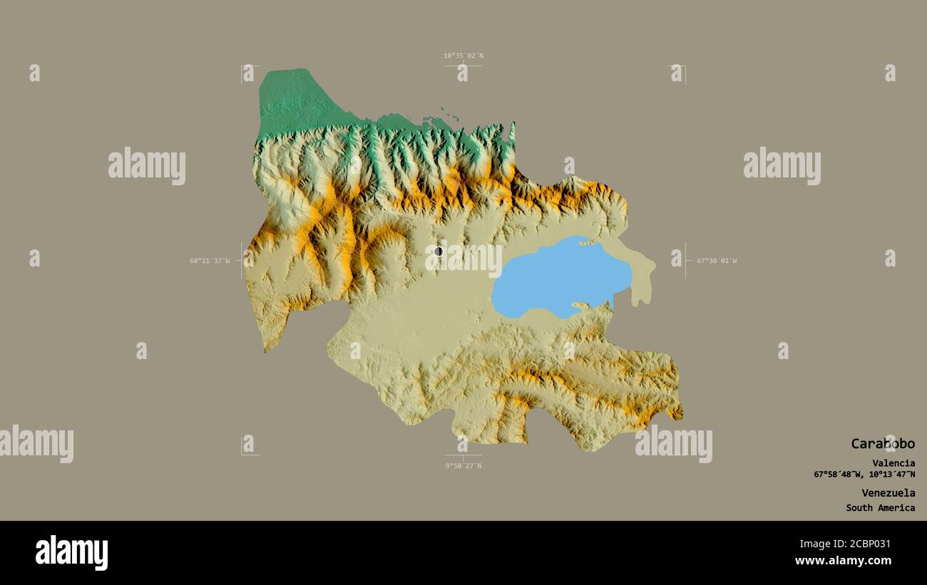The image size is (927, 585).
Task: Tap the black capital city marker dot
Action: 439,251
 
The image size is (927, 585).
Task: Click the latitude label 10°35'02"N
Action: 463,56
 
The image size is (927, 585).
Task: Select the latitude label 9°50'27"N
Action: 463,465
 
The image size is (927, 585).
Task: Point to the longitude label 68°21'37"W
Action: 210,261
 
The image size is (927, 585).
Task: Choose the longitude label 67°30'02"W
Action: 717,261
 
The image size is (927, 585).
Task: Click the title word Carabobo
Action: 882,443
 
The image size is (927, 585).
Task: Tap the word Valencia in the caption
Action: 893,463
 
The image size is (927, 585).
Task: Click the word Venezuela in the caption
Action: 888,492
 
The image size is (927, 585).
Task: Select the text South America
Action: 880,508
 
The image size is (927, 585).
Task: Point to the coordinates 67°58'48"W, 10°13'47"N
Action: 864,475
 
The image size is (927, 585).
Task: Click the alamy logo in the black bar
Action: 71,553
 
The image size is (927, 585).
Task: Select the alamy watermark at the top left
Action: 147,165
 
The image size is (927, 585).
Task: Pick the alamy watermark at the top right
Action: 782,165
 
